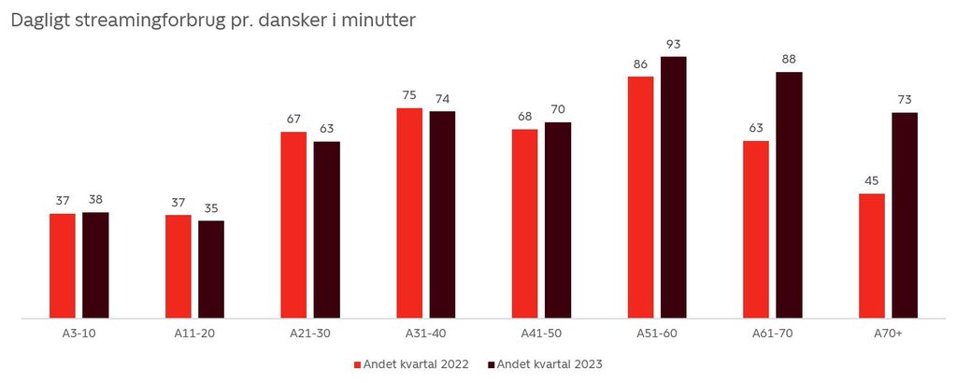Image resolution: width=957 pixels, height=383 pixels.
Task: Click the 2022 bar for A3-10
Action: click(x=63, y=265)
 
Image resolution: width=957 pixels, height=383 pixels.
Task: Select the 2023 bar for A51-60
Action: click(x=673, y=187)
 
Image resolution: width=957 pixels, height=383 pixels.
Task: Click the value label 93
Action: click(x=673, y=44)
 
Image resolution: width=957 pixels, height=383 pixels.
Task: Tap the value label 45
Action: click(x=872, y=180)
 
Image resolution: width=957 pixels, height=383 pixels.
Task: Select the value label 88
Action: click(x=789, y=60)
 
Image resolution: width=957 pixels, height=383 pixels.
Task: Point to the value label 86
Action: click(x=640, y=64)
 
